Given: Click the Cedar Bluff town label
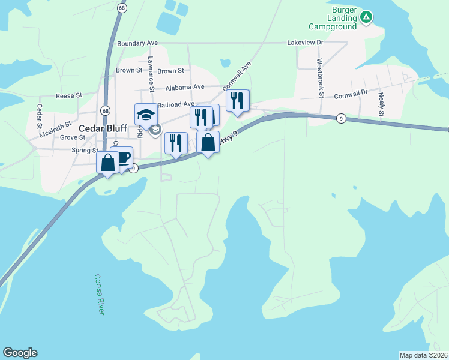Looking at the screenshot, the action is coord(103,128).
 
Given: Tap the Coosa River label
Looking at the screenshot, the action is coord(100,295).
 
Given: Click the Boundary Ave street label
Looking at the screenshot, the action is coord(137,44).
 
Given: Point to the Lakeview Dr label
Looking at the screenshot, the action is coord(305,43).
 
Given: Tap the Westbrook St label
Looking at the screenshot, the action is coord(321,78).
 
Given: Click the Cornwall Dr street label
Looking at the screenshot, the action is coord(351,94).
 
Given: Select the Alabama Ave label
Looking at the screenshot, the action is coord(185,86).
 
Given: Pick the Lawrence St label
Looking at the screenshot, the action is coord(151,74).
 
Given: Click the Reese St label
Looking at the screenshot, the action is coord(68,96).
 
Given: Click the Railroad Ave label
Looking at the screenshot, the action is coord(176,104).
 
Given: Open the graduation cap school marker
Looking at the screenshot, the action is coord(146,114).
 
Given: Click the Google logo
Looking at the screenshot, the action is coord(20,353).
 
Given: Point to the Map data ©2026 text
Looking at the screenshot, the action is coord(424,355).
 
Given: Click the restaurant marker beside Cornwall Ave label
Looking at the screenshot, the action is coord(237,100).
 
